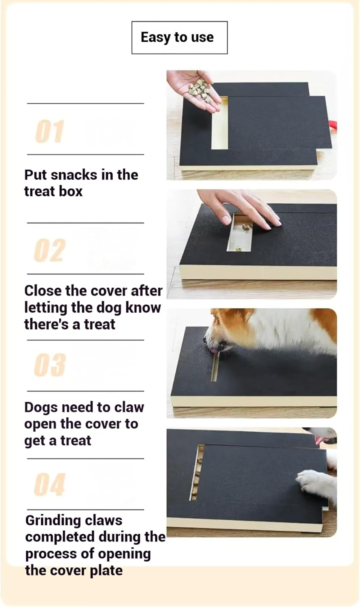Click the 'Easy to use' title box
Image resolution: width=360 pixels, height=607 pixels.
(x=179, y=38)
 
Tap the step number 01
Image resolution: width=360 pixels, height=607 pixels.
(x=49, y=132)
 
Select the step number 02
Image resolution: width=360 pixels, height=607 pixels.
(x=49, y=250)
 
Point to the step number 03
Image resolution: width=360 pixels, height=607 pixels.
(x=49, y=365)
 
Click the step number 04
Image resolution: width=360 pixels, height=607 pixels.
(x=49, y=484)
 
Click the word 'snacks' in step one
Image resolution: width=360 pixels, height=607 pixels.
(x=74, y=175)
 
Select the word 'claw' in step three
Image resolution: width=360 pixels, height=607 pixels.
(x=129, y=407)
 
